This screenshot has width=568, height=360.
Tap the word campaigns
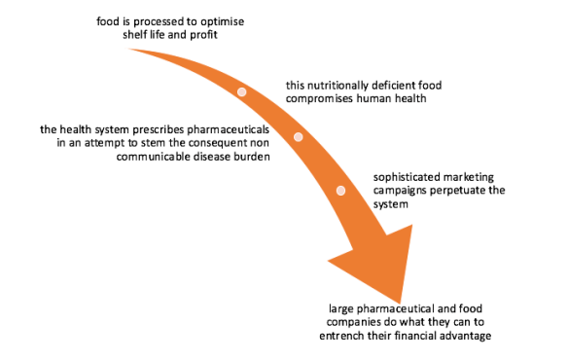tap(403, 191)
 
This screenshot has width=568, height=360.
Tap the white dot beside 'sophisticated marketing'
tap(340, 191)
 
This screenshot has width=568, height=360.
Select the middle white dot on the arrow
tap(299, 137)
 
